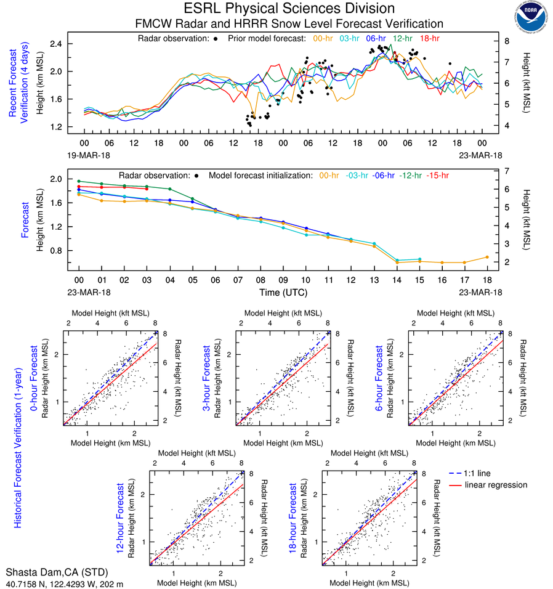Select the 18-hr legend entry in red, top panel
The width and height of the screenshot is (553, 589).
pyautogui.click(x=429, y=38)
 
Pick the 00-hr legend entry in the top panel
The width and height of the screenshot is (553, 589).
pyautogui.click(x=324, y=38)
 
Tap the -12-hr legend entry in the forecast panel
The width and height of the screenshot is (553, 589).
pyautogui.click(x=410, y=176)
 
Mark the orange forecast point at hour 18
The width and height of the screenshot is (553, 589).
pyautogui.click(x=486, y=257)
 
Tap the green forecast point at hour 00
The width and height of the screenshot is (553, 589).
pyautogui.click(x=79, y=181)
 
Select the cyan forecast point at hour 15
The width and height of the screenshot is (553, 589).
pyautogui.click(x=419, y=259)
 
